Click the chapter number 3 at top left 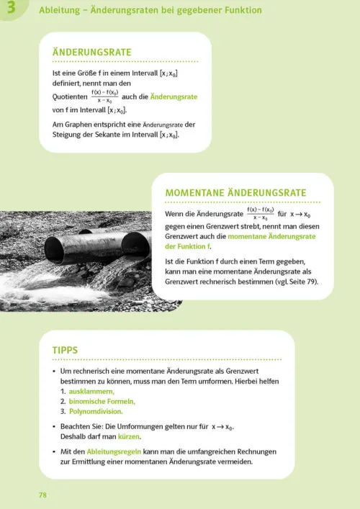point(10,8)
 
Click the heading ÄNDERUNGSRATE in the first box point(92,53)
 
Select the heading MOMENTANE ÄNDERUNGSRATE point(235,193)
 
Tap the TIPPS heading point(65,350)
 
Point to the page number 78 point(42,495)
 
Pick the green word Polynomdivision point(96,412)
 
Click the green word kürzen point(130,436)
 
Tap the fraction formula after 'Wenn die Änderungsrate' point(260,214)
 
